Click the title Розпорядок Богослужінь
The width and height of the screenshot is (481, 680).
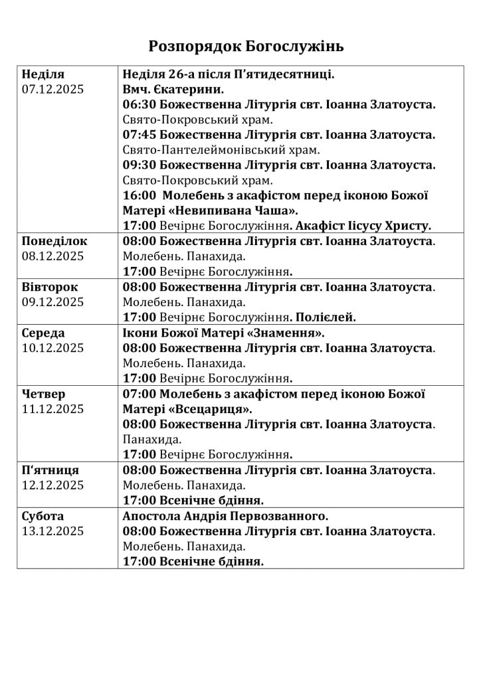click(246, 46)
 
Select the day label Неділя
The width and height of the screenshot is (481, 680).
click(43, 74)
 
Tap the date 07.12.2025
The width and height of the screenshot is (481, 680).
click(53, 90)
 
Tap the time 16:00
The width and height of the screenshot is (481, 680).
click(140, 195)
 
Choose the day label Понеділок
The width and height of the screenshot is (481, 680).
click(54, 241)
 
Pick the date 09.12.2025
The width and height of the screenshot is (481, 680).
click(53, 302)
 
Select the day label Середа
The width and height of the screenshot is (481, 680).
click(43, 333)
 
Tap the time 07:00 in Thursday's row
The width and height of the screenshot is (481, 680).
click(139, 394)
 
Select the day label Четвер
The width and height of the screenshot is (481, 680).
click(44, 394)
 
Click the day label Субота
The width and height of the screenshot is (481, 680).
click(43, 516)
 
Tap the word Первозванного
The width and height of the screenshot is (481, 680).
click(282, 516)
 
